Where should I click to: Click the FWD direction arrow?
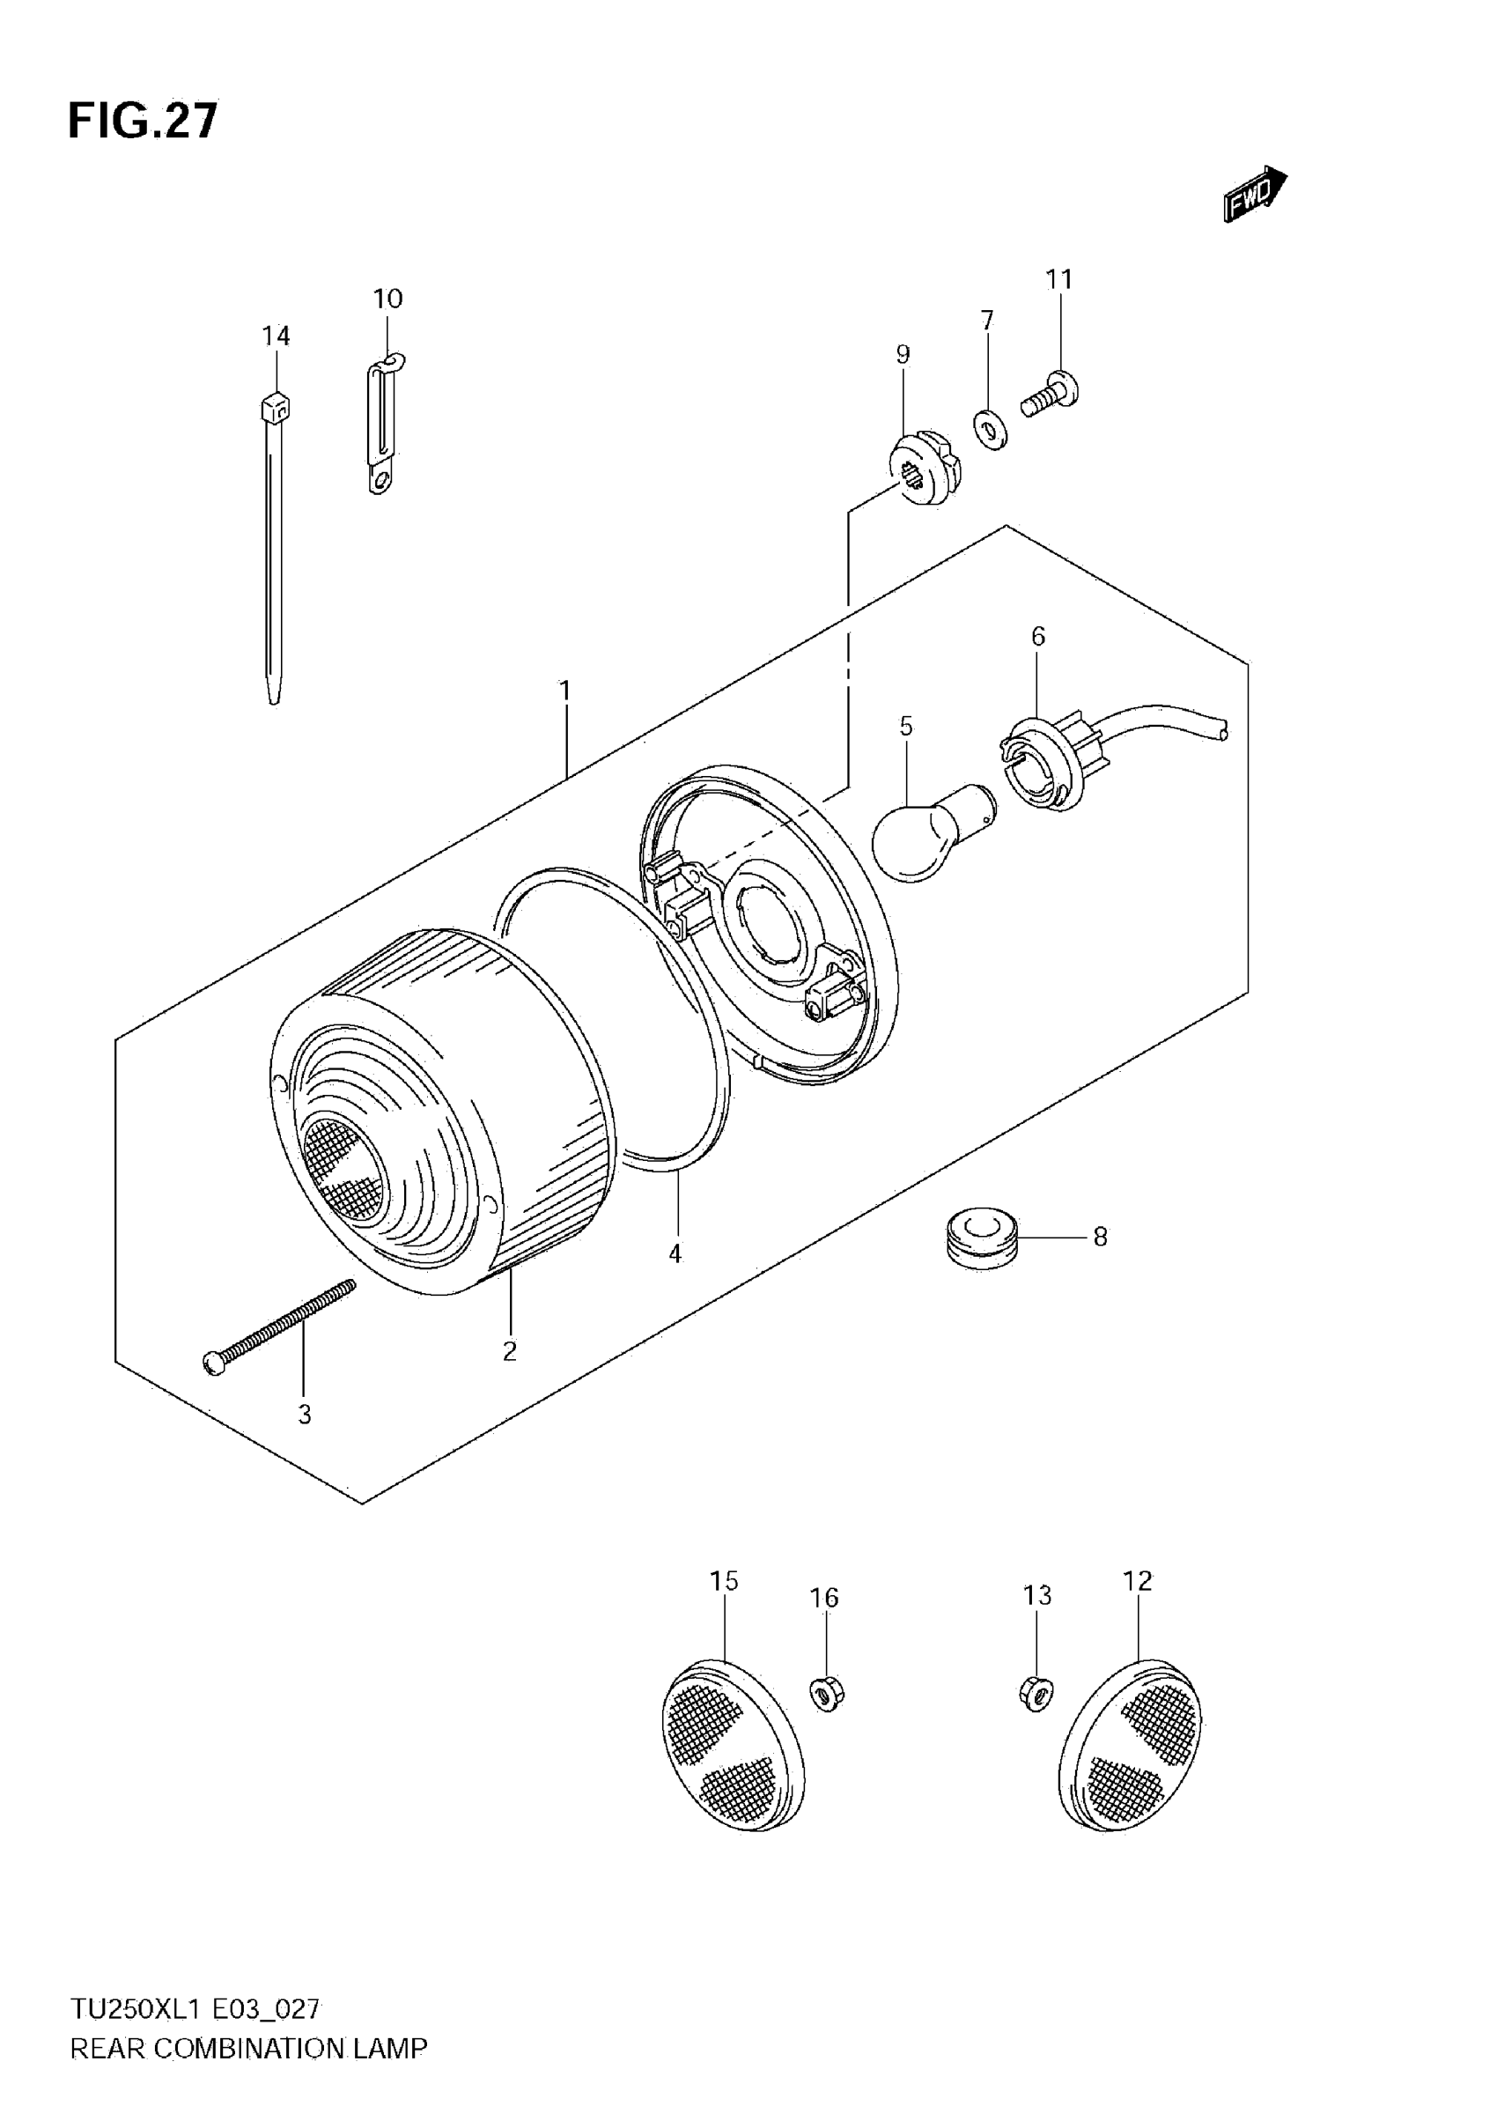click(1254, 193)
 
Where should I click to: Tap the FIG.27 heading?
click(144, 121)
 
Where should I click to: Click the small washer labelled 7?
click(991, 430)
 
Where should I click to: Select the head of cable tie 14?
click(276, 406)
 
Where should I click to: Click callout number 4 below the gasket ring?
click(675, 1253)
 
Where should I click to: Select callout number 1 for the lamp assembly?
click(564, 690)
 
